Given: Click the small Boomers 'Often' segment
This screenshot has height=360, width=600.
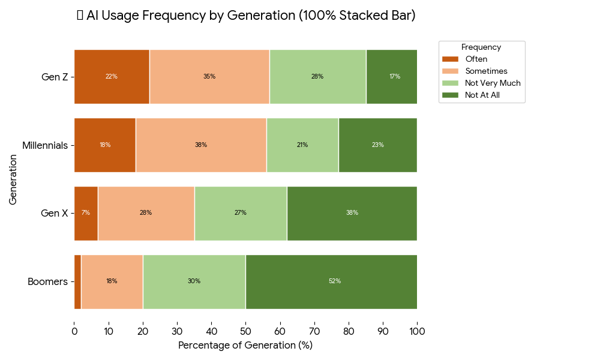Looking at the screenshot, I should (x=77, y=281).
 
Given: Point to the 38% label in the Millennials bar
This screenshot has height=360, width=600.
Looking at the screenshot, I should (x=200, y=145).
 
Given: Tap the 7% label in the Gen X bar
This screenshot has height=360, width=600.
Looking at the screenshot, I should (x=86, y=213).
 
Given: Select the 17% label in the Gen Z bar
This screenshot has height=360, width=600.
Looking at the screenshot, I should (x=394, y=77).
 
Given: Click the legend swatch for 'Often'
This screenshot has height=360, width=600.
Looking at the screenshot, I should (x=450, y=59).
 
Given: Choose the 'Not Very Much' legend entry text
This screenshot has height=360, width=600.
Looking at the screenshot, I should (x=493, y=83).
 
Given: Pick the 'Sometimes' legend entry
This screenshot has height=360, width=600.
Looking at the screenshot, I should (x=487, y=71).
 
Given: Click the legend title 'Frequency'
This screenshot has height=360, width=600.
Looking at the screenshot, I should (x=481, y=47).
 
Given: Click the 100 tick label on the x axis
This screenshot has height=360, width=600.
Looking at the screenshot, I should (x=417, y=331).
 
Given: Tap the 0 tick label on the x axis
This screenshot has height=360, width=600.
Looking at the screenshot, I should (x=74, y=331).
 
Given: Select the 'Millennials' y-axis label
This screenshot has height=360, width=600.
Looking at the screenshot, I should (x=44, y=145).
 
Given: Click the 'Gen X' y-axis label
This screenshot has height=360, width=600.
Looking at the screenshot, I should (x=54, y=213).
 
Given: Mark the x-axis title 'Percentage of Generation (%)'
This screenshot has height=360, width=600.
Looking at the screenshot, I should (x=245, y=346).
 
